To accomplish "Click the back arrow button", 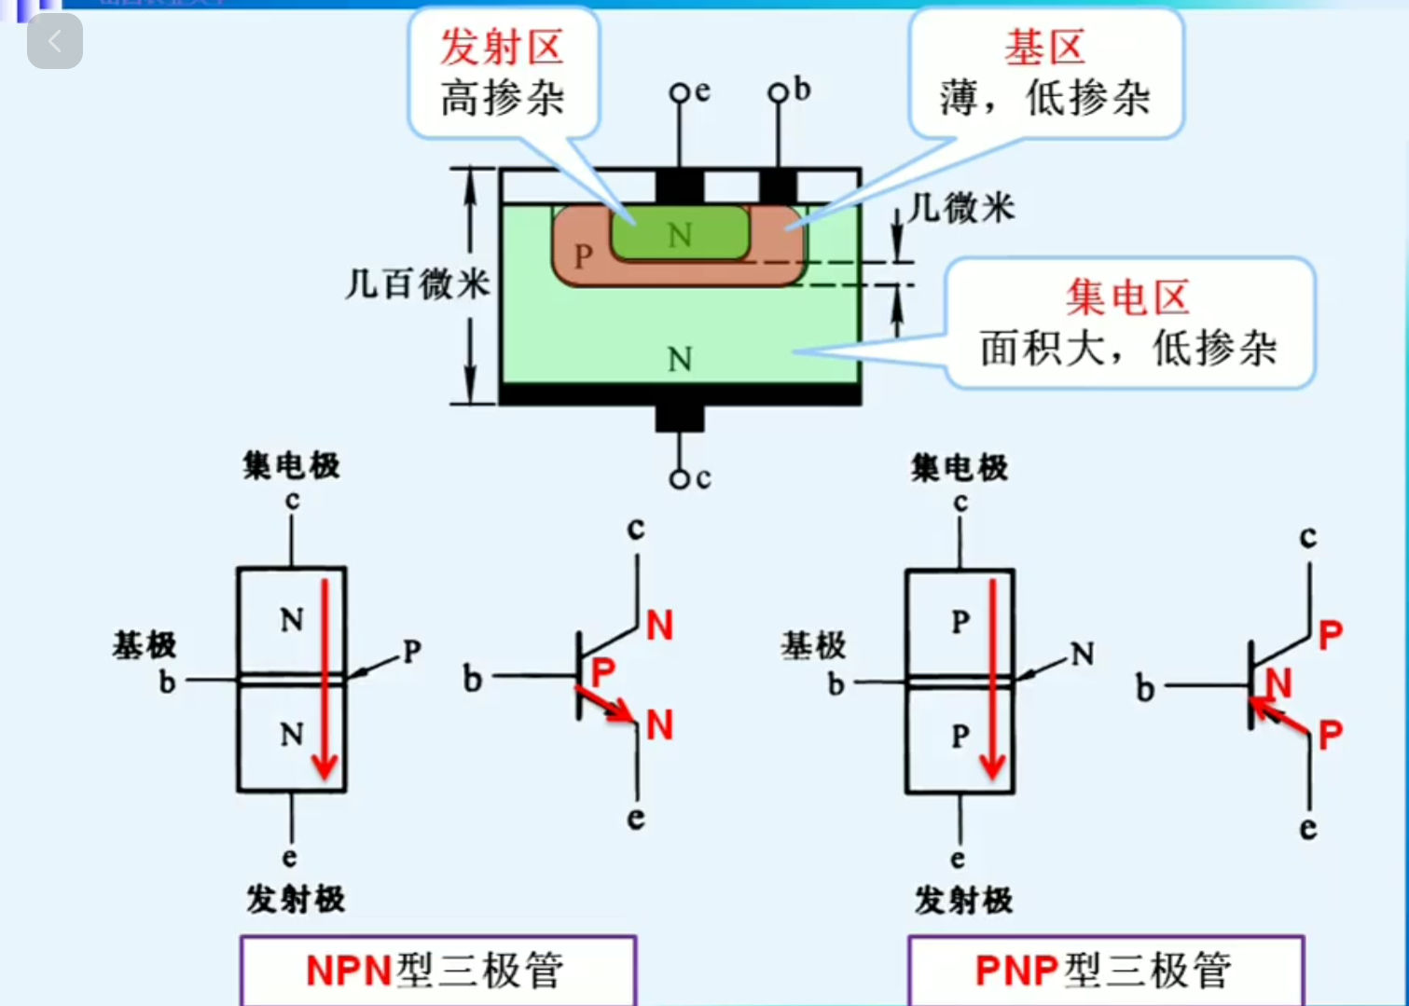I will [55, 42].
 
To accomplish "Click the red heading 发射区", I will [502, 47].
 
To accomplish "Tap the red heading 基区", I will [1044, 47].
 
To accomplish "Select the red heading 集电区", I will [1127, 297].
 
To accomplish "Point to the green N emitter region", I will [680, 234].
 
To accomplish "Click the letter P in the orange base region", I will [584, 255].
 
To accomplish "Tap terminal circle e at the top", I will [680, 92].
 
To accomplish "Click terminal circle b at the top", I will [778, 92].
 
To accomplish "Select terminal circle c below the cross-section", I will [680, 479].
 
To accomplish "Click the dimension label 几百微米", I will [417, 283].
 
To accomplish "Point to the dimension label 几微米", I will [961, 207].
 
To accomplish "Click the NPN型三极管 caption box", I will [437, 971].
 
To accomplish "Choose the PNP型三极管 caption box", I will [1105, 971].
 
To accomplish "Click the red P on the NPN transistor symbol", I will [603, 671].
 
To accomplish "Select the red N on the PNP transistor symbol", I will [1278, 683].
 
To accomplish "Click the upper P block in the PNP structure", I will [960, 622].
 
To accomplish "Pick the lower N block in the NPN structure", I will [292, 736].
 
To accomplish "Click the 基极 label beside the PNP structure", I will [813, 645].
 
